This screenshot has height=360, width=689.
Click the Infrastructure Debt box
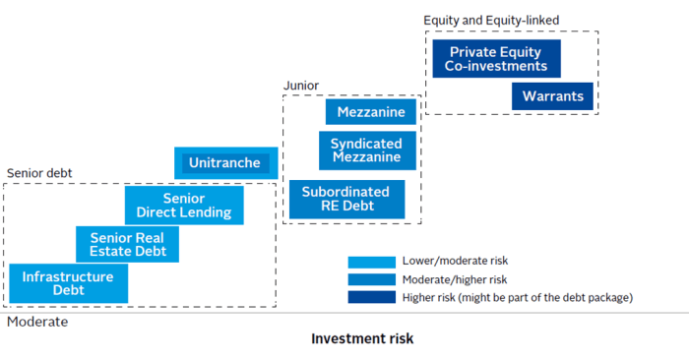click(x=68, y=283)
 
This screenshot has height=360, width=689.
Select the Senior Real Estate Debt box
click(x=128, y=244)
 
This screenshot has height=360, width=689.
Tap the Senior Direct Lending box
click(x=184, y=206)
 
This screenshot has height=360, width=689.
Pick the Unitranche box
click(x=224, y=163)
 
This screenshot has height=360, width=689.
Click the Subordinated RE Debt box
click(x=346, y=200)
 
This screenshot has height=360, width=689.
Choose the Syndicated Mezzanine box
click(x=366, y=150)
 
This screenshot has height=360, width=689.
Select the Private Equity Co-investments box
click(x=496, y=59)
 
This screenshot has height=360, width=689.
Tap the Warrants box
click(x=552, y=96)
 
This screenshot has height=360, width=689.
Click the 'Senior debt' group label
click(x=39, y=173)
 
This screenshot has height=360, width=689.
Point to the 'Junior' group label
click(x=301, y=86)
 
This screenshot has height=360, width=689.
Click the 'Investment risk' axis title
click(x=362, y=338)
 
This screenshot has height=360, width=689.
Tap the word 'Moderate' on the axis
click(x=37, y=321)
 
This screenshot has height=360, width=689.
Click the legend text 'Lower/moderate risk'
click(x=455, y=262)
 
